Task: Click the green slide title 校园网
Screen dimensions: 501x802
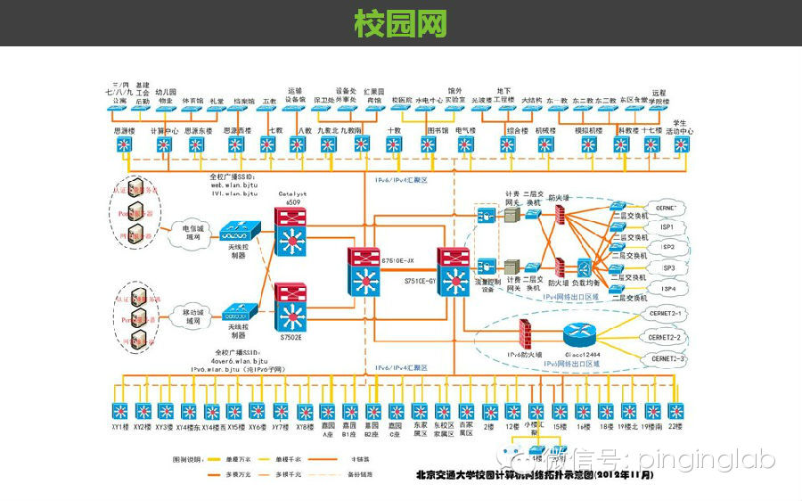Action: point(400,23)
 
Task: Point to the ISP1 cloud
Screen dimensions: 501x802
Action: point(667,227)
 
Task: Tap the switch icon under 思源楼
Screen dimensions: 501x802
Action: point(124,146)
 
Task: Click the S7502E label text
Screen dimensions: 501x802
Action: point(292,338)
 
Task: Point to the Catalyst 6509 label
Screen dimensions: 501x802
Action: point(293,198)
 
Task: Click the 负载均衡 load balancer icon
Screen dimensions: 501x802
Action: point(585,267)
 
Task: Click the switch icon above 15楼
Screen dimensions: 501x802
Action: point(559,411)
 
